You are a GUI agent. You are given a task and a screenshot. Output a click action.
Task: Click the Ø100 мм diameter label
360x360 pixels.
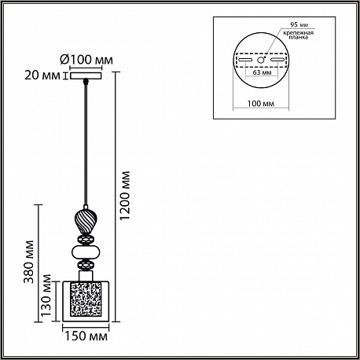click(x=86, y=60)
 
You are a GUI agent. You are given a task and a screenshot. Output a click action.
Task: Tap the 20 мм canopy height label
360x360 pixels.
click(x=42, y=75)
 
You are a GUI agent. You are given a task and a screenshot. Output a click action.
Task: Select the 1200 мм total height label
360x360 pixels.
click(x=125, y=196)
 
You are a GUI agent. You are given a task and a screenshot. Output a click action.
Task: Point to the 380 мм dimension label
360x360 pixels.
click(x=29, y=262)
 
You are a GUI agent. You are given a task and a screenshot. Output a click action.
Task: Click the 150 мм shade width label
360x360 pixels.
click(x=86, y=336)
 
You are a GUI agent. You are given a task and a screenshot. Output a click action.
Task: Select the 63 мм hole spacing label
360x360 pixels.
click(x=262, y=72)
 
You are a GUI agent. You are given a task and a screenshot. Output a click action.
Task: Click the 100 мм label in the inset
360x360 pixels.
click(x=261, y=104)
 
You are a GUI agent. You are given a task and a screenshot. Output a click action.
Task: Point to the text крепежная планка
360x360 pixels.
click(x=298, y=35)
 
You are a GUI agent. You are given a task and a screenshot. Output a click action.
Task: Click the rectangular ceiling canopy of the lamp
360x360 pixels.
click(x=86, y=76)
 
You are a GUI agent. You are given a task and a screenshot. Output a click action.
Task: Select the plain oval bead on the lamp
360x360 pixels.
click(x=86, y=252)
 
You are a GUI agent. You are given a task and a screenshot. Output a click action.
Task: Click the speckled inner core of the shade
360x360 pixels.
click(x=86, y=300)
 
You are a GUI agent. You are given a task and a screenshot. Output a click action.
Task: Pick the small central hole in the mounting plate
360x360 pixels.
click(x=260, y=60)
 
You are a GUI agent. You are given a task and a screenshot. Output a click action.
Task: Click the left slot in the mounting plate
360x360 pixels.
click(x=244, y=61)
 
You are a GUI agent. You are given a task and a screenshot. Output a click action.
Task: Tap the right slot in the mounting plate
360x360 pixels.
click(x=278, y=61)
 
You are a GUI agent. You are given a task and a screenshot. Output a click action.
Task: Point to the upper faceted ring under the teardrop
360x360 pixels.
click(x=86, y=240)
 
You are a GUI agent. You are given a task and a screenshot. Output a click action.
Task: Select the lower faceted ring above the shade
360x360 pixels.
click(x=86, y=265)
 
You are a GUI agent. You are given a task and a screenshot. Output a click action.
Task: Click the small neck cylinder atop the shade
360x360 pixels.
click(x=86, y=276)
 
